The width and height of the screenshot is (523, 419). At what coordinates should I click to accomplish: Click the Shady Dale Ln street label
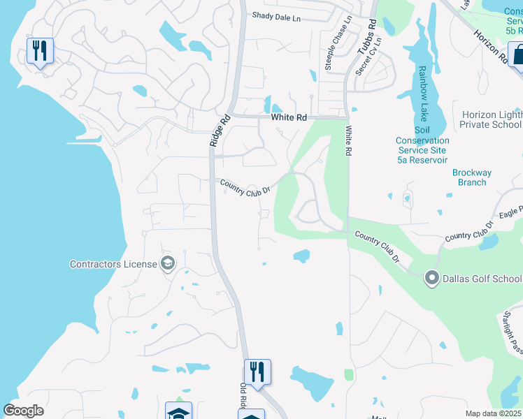pyautogui.click(x=276, y=15)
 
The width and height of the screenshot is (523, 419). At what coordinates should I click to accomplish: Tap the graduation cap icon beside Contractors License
pyautogui.click(x=167, y=263)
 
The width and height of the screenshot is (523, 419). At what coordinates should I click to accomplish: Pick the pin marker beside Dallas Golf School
pyautogui.click(x=431, y=279)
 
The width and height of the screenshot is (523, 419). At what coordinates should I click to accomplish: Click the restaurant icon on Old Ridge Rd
pyautogui.click(x=257, y=372)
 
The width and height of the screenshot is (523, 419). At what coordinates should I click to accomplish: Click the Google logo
pyautogui.click(x=24, y=411)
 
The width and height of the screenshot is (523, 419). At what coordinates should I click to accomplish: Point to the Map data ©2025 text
pyautogui.click(x=493, y=413)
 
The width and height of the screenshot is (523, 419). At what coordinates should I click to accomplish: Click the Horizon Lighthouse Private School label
pyautogui.click(x=492, y=119)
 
